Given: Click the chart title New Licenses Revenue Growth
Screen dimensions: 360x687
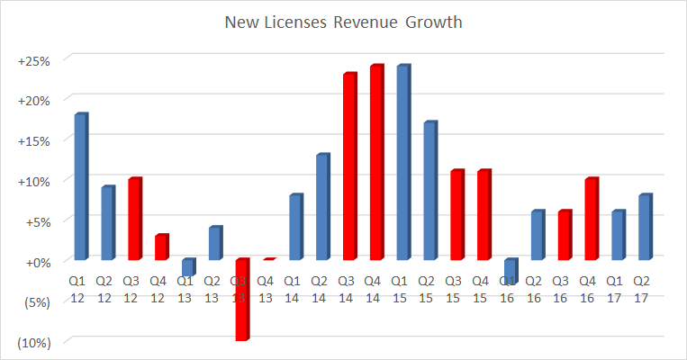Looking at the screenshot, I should pos(342,22).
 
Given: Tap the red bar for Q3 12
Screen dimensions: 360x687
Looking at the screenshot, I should pos(134,220).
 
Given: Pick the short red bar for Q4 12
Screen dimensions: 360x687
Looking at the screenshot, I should pos(161,247).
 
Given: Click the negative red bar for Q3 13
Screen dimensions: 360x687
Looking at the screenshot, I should pos(241,300).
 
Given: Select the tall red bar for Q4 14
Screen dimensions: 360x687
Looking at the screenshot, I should pos(375,163).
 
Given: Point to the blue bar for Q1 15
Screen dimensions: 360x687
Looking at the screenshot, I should pos(402,163).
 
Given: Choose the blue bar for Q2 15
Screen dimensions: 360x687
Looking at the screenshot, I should pos(429,191).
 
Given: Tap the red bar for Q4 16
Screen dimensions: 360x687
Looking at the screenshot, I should pos(591,220).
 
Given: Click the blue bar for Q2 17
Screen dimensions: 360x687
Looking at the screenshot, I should pos(644,228).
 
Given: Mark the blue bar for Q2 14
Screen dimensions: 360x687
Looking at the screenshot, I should pos(322,207).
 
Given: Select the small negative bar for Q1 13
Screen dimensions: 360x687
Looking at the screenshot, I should pos(187,267).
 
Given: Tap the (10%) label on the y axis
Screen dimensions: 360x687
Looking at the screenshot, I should pos(32,342).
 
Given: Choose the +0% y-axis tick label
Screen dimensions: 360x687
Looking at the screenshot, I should pos(35,262).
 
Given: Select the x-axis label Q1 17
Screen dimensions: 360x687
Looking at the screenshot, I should pos(617,288).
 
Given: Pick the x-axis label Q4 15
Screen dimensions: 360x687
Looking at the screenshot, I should pos(483,288).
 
